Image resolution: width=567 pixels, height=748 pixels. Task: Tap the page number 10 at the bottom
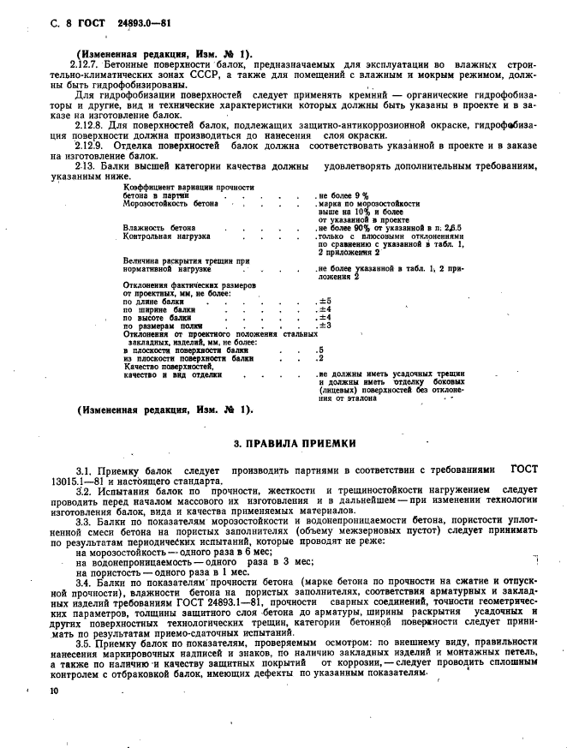[x=43, y=701]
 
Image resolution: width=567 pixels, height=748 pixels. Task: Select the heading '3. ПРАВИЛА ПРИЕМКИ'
[x=295, y=443]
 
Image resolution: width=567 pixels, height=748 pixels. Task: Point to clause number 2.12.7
[x=87, y=64]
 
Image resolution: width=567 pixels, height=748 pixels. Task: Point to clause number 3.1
[x=84, y=471]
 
